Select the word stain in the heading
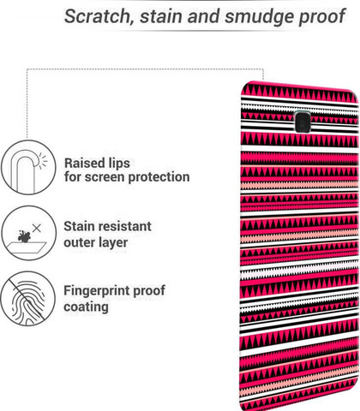pos(161,16)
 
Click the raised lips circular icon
pos(28,167)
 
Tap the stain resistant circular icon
pos(28,233)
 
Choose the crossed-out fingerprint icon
pos(27,299)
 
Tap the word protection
pos(159,178)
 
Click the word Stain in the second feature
pos(79,227)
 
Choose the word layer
pos(113,243)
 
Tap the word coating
pos(86,307)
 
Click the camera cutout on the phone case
pos(303,122)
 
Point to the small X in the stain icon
pos(37,228)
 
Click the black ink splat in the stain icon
pos(24,236)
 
